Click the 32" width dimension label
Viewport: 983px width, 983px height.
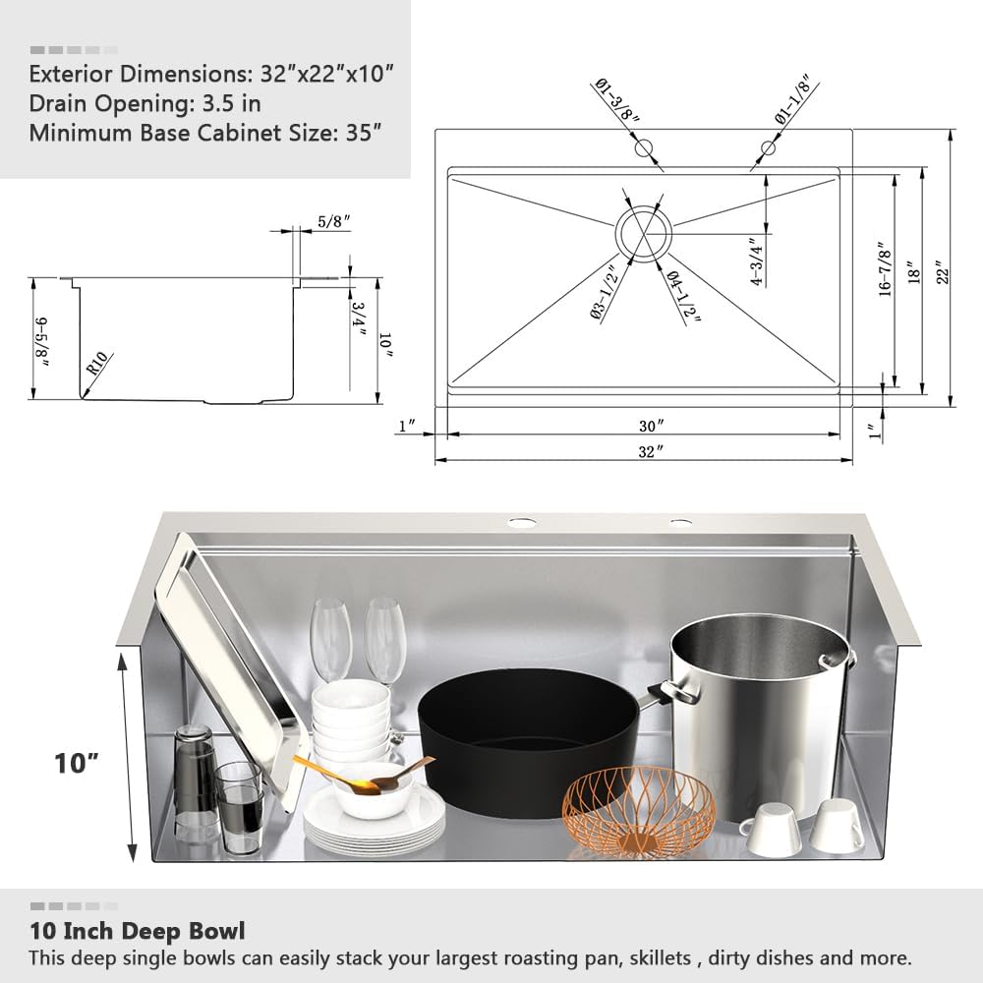[645, 451]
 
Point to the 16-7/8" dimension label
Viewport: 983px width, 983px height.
[886, 271]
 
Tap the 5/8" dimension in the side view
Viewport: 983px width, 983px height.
[330, 223]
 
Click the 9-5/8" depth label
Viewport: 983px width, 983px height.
[42, 340]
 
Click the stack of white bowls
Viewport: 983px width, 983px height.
[351, 718]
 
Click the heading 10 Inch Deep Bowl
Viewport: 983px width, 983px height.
[137, 930]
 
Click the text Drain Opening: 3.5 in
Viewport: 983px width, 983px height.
[145, 102]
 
